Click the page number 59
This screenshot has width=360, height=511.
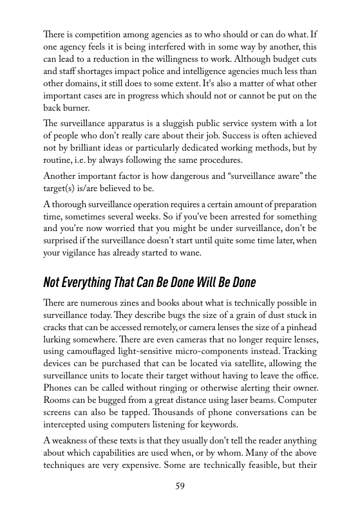coord(180,485)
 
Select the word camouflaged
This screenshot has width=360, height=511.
coord(95,354)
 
